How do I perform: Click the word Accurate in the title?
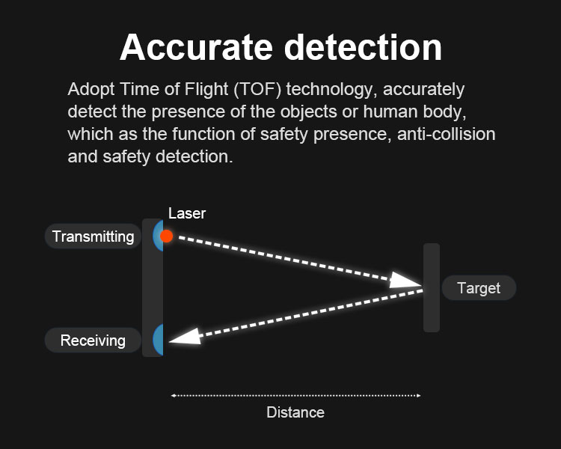[196, 48]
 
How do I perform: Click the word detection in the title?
[363, 48]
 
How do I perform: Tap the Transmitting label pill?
[93, 236]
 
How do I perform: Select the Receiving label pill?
[93, 340]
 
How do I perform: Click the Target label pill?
[479, 288]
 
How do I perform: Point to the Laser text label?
[187, 213]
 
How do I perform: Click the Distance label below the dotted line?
[295, 412]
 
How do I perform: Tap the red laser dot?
[166, 236]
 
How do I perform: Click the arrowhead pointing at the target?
[405, 281]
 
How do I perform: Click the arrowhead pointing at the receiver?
[186, 337]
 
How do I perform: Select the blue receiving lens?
[159, 340]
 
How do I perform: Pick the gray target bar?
[432, 288]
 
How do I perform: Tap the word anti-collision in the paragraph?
[446, 134]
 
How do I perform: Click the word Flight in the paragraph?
[206, 90]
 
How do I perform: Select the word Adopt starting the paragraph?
[91, 90]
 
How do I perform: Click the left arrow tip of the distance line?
[171, 396]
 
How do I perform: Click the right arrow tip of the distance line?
[420, 396]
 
